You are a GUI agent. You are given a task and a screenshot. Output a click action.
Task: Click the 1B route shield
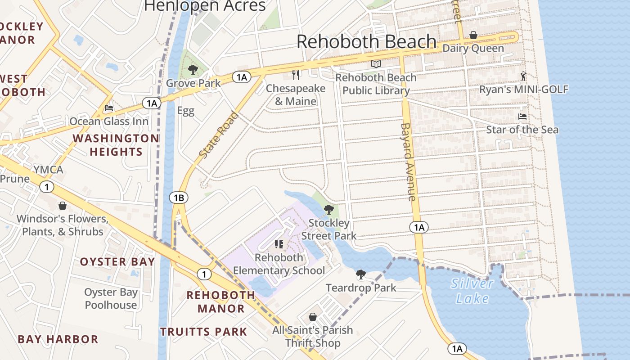tap(179, 198)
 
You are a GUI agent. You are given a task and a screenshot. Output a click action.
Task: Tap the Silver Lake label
tap(472, 291)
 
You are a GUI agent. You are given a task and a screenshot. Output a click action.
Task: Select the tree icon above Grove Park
tap(193, 70)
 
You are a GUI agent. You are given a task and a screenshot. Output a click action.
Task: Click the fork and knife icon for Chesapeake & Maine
tap(296, 75)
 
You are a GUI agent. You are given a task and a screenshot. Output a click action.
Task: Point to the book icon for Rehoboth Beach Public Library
tap(376, 64)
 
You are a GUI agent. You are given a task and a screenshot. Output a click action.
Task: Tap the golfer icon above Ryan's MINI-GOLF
tap(523, 76)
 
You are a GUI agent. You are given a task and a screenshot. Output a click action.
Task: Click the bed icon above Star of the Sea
tap(522, 117)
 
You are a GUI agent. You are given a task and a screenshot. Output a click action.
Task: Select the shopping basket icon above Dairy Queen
tap(473, 35)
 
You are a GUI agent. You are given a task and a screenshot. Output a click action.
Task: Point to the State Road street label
tap(219, 135)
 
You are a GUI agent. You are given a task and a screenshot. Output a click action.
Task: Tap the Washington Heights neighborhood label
tap(116, 145)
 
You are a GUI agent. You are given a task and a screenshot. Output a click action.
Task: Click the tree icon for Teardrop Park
tap(360, 274)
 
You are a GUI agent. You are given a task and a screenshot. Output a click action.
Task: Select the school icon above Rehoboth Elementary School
tap(279, 244)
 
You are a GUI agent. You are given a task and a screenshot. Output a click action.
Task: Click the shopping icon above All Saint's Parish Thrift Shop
tap(313, 317)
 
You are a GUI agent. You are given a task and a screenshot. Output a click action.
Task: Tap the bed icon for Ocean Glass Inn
tap(108, 108)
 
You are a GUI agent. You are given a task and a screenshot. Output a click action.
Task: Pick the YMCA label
tap(48, 170)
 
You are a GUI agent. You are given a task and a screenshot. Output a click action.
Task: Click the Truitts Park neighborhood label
tap(204, 332)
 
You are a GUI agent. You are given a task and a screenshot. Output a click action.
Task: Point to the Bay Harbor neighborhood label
tap(58, 339)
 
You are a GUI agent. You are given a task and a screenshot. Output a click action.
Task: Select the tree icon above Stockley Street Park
tap(329, 209)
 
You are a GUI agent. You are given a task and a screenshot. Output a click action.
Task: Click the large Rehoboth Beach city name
tap(366, 42)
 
